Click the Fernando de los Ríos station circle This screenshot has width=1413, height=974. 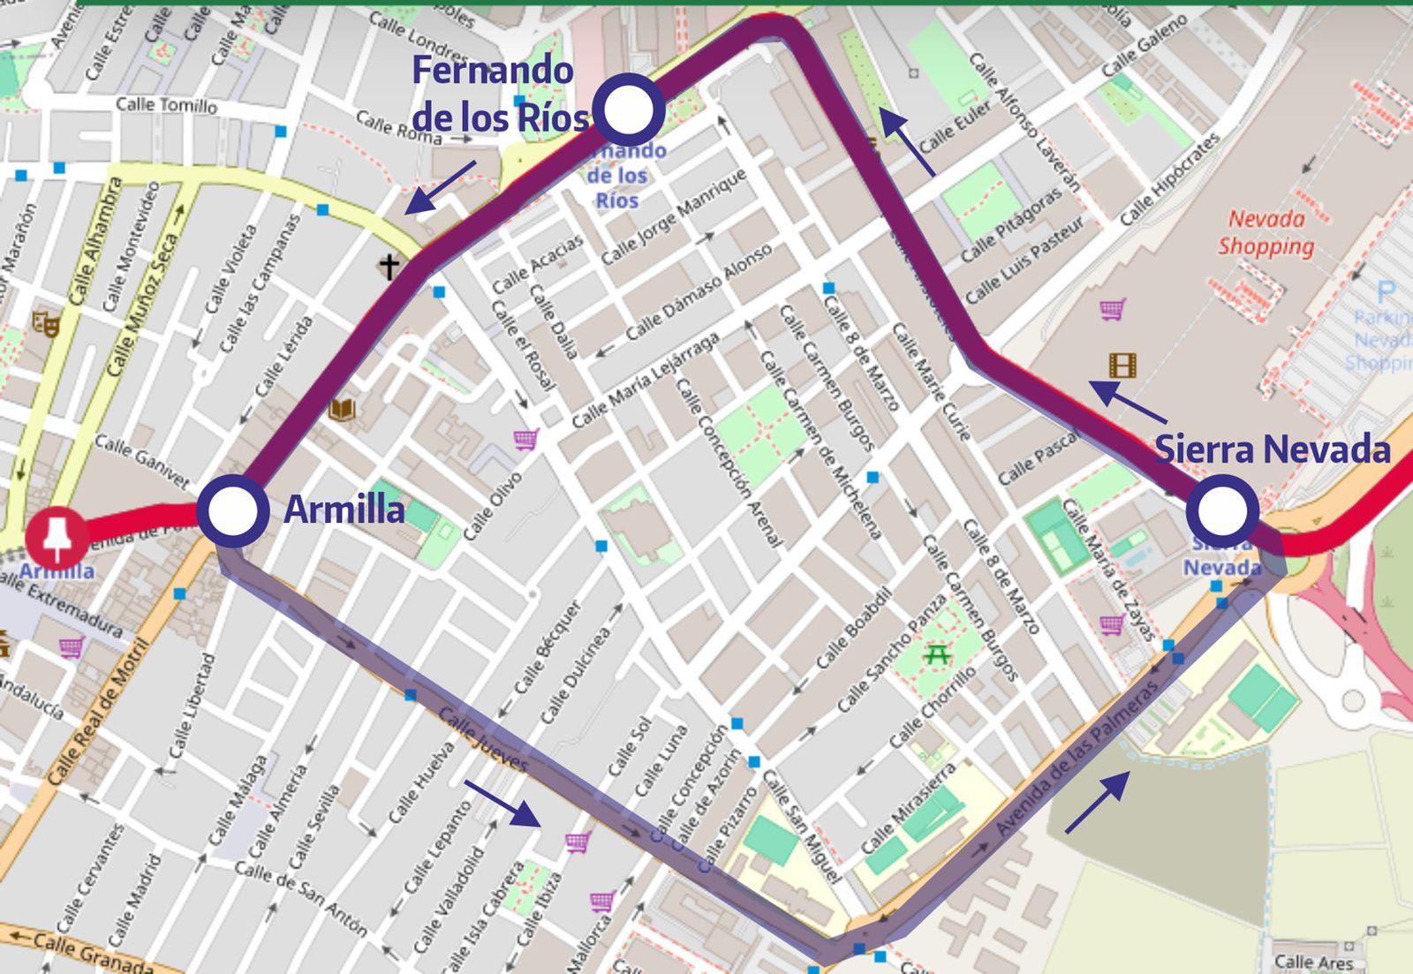coord(628,109)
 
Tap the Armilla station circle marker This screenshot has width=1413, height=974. coord(232,510)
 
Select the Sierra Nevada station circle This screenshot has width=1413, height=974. coord(1222,510)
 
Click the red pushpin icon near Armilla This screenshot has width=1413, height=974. coord(57,536)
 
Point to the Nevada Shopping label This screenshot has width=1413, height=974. coord(1266,232)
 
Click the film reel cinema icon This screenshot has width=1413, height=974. coord(1122,365)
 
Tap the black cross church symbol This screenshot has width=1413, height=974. coord(389,265)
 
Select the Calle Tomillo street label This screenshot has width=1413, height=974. coord(166,105)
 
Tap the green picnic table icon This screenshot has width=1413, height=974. coord(936,654)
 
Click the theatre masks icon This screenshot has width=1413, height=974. coord(46,323)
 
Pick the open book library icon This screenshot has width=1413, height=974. coord(342,409)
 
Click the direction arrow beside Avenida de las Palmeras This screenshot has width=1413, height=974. coord(1097,802)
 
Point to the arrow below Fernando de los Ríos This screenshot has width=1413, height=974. coord(439,188)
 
